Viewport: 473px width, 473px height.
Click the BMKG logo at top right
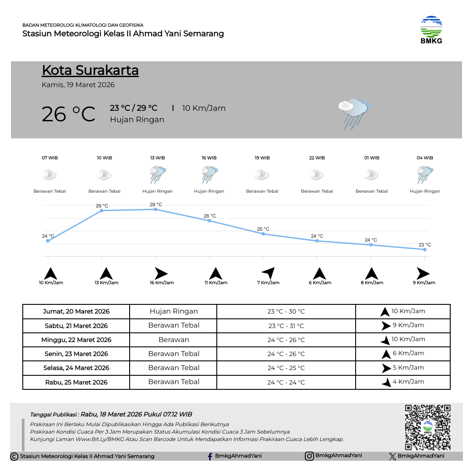click(431, 30)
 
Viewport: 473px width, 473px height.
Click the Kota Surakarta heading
click(90, 70)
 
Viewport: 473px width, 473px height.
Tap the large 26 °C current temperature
click(68, 114)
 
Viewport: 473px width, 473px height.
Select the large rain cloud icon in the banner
click(354, 113)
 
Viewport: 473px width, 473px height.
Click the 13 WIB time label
click(158, 158)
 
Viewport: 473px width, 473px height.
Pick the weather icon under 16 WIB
click(209, 174)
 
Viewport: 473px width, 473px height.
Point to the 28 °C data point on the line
click(209, 221)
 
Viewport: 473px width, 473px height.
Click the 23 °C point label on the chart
click(424, 245)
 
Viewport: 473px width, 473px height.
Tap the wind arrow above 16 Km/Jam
click(161, 274)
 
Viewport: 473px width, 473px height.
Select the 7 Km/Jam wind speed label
click(268, 283)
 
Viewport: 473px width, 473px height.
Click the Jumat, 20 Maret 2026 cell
click(76, 311)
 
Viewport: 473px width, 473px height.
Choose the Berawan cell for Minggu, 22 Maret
click(174, 339)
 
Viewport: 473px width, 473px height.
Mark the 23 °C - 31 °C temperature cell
click(286, 326)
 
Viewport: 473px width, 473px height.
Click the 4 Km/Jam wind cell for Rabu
click(403, 382)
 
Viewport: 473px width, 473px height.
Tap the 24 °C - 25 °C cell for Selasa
click(286, 368)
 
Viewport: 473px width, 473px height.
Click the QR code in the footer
click(427, 427)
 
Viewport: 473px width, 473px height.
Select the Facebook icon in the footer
click(210, 456)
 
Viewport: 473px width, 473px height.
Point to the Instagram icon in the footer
click(309, 456)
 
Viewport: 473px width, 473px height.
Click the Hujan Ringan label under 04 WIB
click(425, 191)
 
